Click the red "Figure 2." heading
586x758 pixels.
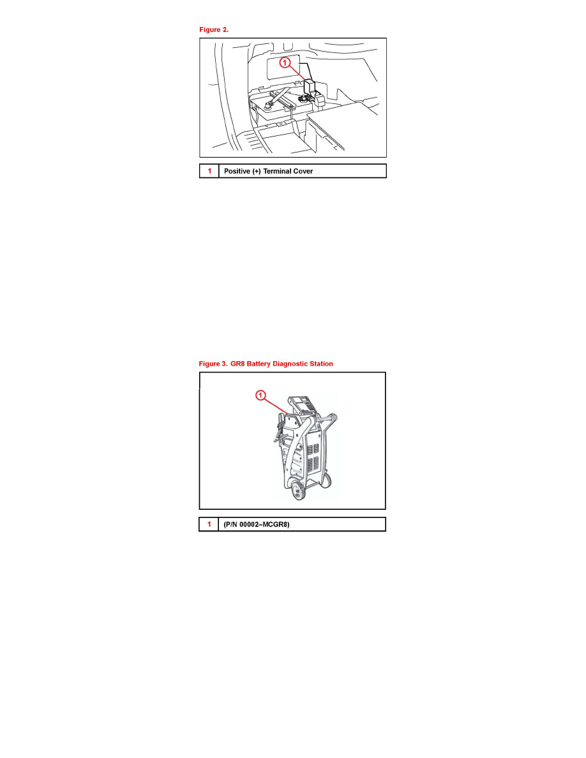tap(214, 29)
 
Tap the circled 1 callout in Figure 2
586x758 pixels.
tap(285, 63)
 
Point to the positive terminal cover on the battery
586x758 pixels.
tap(310, 87)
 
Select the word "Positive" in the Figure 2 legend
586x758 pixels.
tap(237, 171)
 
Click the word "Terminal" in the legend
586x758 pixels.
tap(276, 171)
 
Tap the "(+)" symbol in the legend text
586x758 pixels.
tap(257, 171)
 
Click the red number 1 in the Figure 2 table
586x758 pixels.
tap(209, 171)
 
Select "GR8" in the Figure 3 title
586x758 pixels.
tap(237, 364)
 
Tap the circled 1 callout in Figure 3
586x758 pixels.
tap(260, 396)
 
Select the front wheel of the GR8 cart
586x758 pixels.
tap(298, 490)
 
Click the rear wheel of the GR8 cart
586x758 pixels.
tap(327, 480)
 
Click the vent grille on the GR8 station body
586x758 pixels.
tap(313, 455)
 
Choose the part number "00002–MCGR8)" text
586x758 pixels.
tap(264, 524)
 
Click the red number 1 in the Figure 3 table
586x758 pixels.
tap(209, 524)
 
